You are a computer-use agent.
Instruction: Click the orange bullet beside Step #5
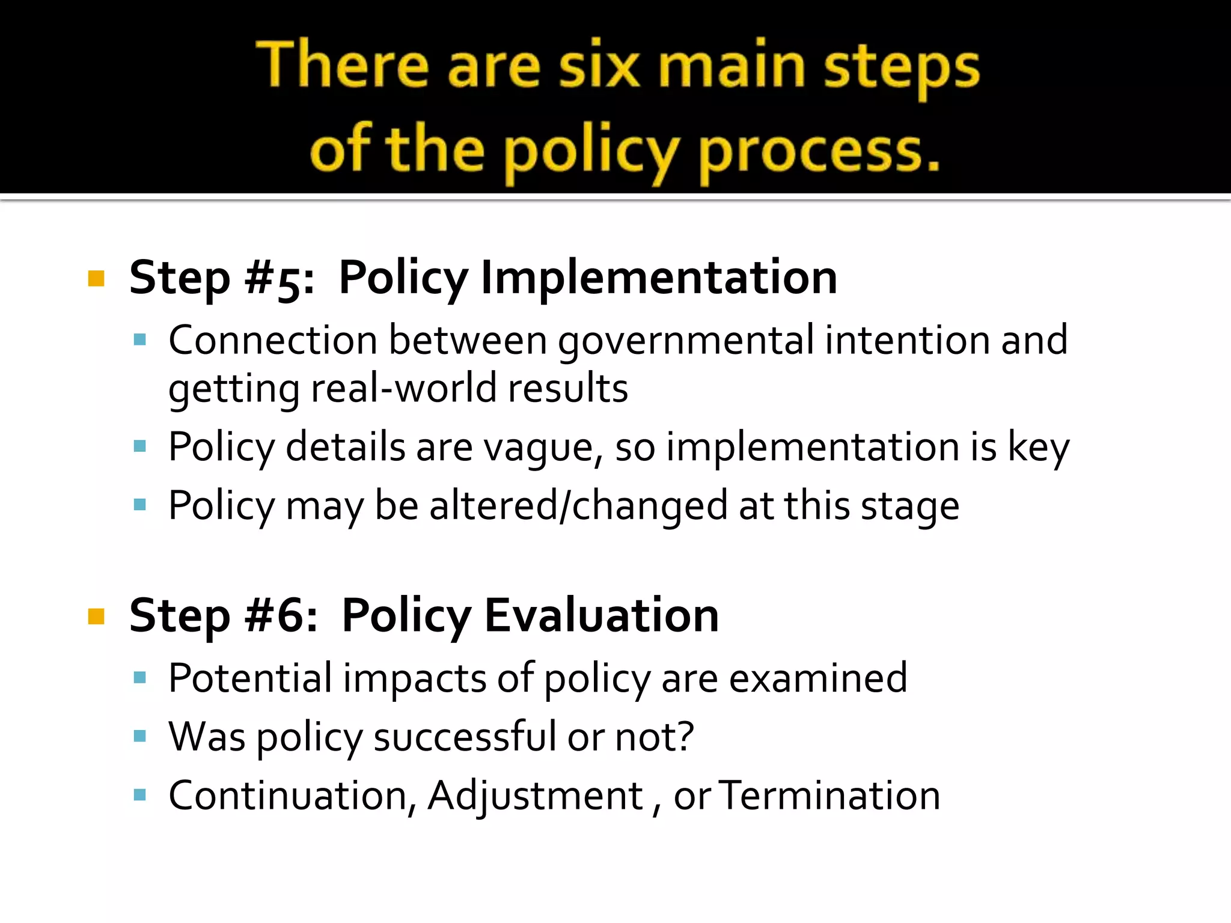(96, 279)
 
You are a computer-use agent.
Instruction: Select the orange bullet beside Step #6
(96, 617)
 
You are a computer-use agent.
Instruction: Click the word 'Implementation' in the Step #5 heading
(659, 278)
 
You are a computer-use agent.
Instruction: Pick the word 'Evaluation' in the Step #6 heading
(602, 615)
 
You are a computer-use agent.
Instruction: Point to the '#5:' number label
(279, 279)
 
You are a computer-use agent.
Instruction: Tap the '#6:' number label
(281, 616)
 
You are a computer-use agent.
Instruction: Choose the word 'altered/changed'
(578, 505)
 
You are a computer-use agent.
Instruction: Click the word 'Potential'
(250, 678)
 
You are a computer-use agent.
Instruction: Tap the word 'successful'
(465, 737)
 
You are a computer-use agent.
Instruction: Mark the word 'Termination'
(829, 796)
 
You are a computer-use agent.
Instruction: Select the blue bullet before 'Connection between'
(140, 340)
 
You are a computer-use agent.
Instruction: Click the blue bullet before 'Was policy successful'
(140, 736)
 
